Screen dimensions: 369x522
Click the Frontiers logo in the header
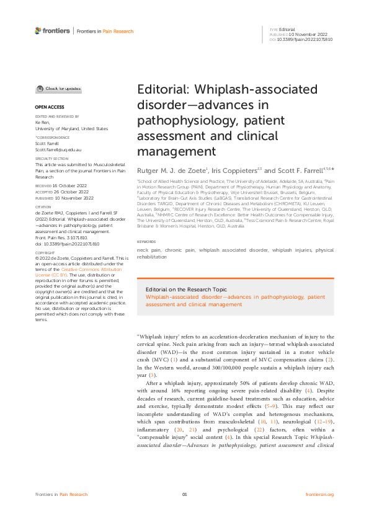click(x=52, y=30)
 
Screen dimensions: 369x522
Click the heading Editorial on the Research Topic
click(x=185, y=290)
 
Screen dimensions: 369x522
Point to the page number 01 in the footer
click(x=184, y=494)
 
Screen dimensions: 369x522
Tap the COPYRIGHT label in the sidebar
click(x=45, y=270)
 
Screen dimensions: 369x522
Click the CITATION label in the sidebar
click(x=43, y=208)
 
